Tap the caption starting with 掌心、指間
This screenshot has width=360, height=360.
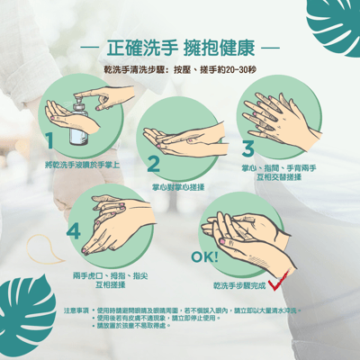(x=276, y=173)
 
